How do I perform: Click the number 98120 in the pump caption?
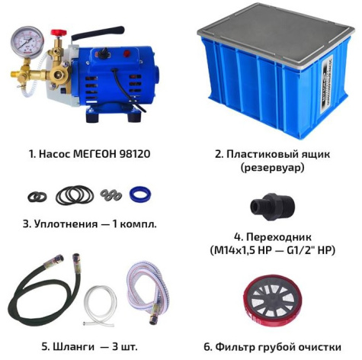130,153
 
